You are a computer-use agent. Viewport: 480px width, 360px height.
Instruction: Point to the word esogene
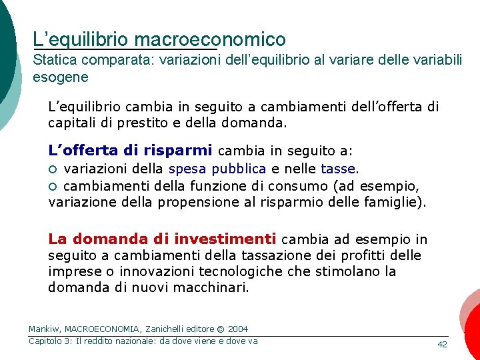tap(60, 77)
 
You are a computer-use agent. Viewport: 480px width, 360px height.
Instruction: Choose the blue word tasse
tap(338, 169)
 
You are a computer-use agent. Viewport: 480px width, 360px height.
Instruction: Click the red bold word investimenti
tap(225, 239)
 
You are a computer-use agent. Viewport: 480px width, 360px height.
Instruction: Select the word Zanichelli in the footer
tap(168, 329)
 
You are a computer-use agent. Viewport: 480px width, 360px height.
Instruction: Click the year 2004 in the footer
tap(237, 329)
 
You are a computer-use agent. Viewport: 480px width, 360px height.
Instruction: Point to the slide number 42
tap(441, 344)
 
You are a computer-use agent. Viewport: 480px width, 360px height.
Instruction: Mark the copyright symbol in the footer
tap(220, 329)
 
